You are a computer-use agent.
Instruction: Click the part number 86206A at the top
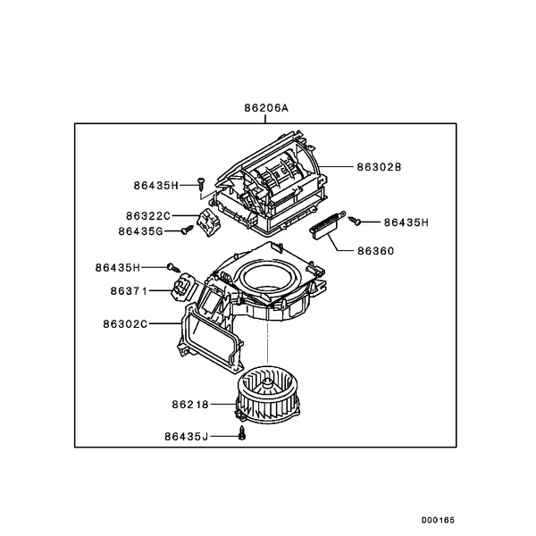point(266,108)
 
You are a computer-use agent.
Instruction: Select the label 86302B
point(379,167)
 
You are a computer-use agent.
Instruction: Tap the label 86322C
point(148,216)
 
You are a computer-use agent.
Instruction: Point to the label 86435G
point(141,231)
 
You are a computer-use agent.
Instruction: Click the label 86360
point(376,251)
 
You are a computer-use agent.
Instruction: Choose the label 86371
point(129,291)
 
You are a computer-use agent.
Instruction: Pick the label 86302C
point(125,323)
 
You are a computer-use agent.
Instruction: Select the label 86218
point(190,405)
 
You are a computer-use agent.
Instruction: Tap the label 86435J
point(187,437)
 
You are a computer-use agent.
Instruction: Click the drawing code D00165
point(438,520)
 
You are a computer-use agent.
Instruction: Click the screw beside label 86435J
point(242,433)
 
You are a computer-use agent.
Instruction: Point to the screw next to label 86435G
point(188,230)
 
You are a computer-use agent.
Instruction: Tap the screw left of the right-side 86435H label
point(355,221)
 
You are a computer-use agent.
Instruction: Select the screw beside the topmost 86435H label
point(201,183)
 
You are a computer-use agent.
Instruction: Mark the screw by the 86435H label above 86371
point(173,268)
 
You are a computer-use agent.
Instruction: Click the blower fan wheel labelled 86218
point(267,394)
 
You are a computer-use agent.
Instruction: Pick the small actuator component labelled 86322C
point(208,222)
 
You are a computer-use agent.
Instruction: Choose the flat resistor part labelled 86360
point(328,225)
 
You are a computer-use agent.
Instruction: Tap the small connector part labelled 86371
point(183,288)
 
